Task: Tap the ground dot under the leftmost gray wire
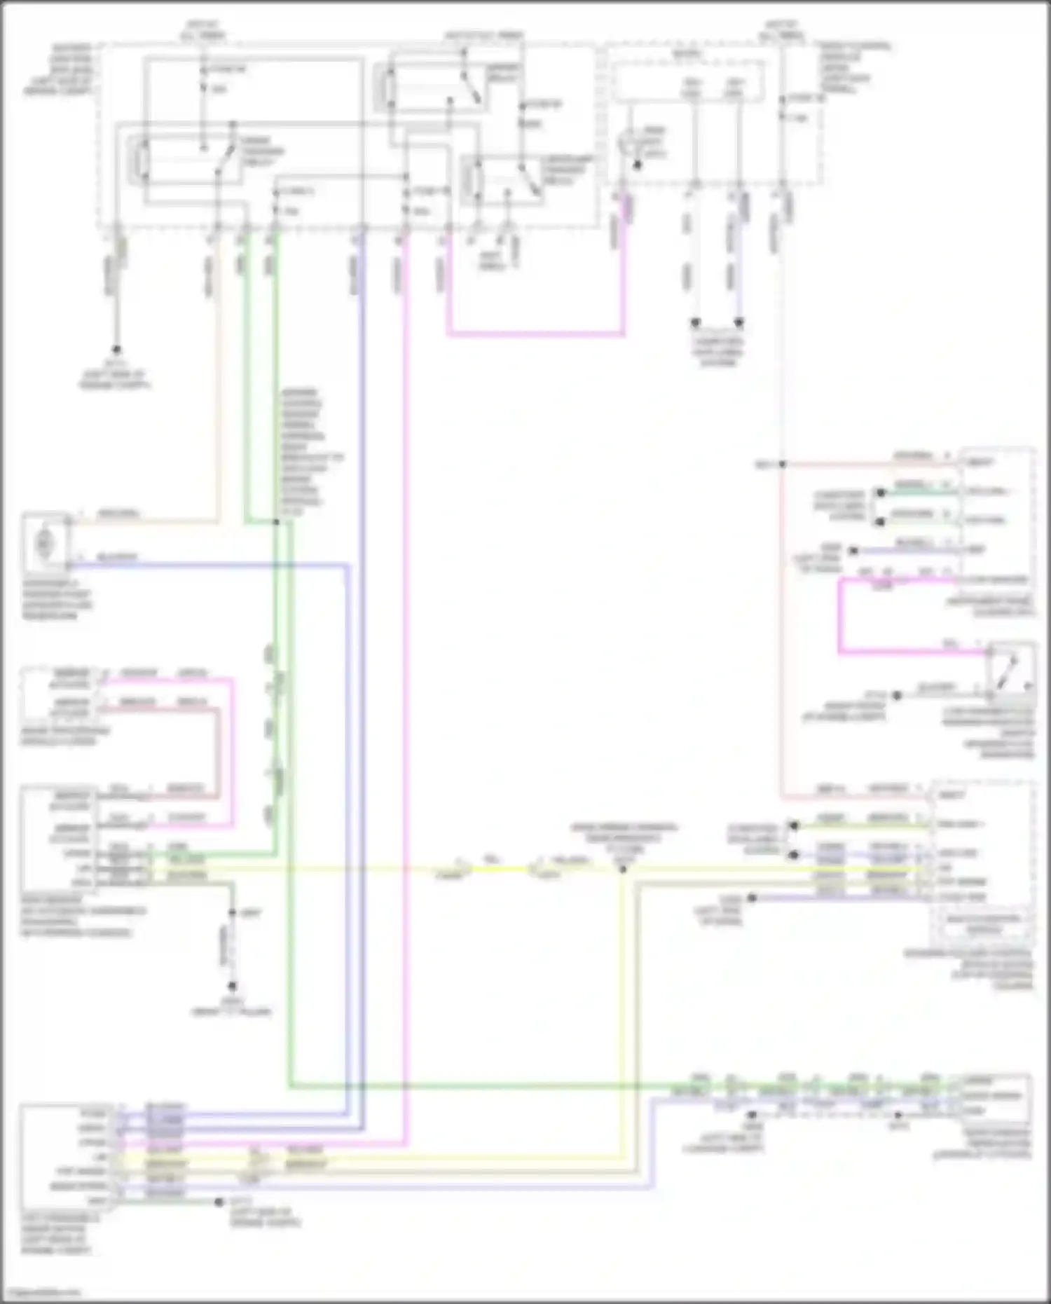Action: pos(116,349)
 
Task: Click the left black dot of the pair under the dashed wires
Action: pos(695,323)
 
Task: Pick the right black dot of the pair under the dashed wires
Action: pos(739,323)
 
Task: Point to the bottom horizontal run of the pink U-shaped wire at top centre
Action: pos(535,334)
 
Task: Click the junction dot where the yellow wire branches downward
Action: pos(622,869)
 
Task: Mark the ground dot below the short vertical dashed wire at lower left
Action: pos(233,985)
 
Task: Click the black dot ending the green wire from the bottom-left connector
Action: pos(218,1202)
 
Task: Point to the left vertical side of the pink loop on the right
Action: pos(840,617)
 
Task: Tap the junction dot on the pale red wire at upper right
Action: pos(782,464)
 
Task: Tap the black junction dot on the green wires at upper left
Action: pos(276,522)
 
